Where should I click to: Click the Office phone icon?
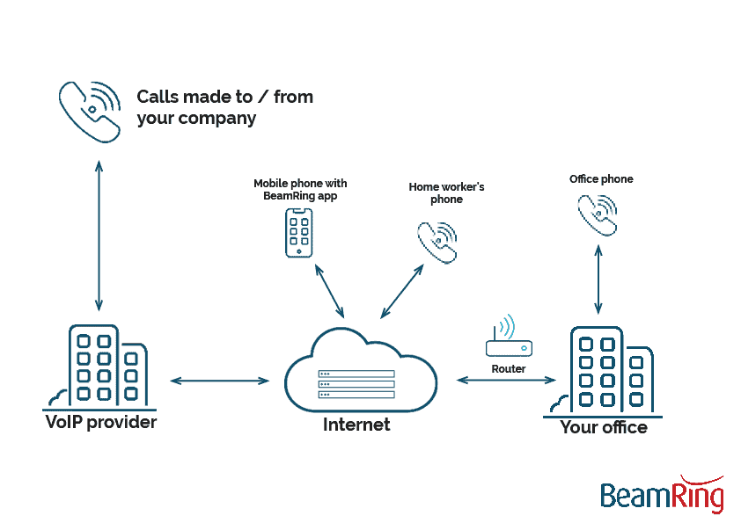(x=598, y=214)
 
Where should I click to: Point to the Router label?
(x=509, y=369)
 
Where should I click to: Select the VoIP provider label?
(x=100, y=423)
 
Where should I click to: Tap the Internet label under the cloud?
(x=356, y=425)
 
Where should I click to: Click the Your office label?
(x=604, y=428)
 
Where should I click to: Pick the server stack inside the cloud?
(x=356, y=384)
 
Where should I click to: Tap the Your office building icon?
(x=605, y=370)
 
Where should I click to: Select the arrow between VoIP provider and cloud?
(x=219, y=381)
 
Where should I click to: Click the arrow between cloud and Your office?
(x=506, y=381)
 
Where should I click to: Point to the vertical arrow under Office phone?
(x=598, y=280)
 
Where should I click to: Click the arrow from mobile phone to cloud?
(x=329, y=289)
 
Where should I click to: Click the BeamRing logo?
(x=663, y=495)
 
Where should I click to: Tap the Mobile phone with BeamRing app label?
(x=300, y=190)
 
